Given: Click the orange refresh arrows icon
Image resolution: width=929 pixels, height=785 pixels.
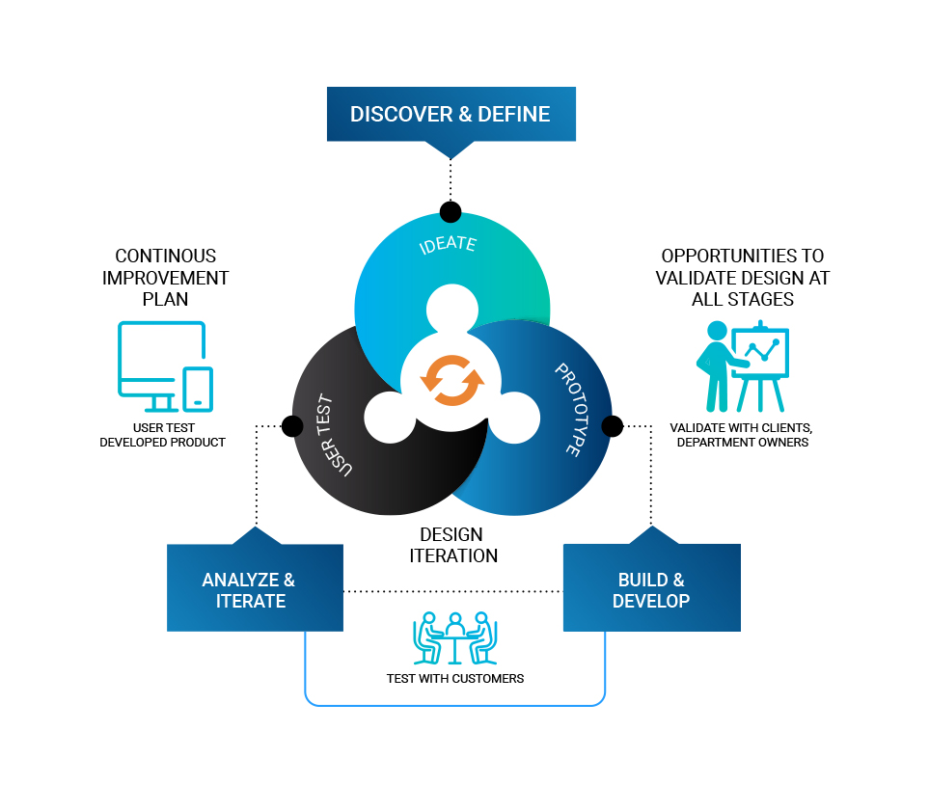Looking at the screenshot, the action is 452,380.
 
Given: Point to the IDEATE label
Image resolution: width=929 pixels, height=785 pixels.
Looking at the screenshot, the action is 448,244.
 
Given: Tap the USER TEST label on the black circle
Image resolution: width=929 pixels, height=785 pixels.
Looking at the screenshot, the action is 333,435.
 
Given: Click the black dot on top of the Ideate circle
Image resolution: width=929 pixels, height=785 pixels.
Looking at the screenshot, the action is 451,211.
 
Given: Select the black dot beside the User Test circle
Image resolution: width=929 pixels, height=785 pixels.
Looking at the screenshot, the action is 292,426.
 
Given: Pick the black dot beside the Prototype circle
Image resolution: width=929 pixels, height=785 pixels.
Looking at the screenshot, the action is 612,426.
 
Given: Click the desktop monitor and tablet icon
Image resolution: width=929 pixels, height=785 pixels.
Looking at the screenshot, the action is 165,366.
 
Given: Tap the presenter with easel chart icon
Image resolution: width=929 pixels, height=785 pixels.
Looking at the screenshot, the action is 743,366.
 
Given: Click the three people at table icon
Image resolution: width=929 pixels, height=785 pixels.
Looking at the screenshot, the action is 455,638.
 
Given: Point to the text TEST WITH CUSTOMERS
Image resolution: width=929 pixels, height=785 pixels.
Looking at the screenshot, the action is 455,679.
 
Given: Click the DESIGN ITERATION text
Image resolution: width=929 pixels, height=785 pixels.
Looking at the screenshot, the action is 453,545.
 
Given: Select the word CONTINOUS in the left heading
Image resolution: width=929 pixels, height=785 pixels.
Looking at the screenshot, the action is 165,256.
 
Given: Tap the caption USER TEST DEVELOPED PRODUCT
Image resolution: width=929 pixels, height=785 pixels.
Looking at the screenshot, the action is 163,435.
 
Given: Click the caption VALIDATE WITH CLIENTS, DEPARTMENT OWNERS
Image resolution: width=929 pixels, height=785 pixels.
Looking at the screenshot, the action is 741,435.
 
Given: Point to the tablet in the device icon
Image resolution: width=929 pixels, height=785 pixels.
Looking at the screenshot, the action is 198,390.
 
